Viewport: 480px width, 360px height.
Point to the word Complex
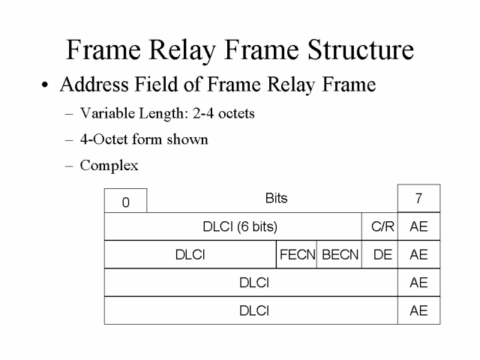(109, 164)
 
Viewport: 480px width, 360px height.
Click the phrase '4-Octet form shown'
(144, 139)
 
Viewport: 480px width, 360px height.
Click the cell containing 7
(418, 199)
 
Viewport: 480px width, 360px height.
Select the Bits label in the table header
(276, 199)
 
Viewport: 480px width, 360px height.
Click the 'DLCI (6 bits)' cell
(234, 226)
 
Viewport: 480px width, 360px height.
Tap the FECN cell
(297, 254)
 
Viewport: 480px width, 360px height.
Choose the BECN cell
(340, 254)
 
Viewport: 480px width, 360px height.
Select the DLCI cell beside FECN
(190, 254)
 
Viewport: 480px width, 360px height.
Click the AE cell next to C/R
(418, 226)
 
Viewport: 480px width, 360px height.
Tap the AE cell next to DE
(418, 254)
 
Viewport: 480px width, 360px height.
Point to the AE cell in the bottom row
(418, 310)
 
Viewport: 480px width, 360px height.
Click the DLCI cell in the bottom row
(253, 310)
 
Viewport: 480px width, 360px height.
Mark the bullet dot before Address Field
(45, 86)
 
